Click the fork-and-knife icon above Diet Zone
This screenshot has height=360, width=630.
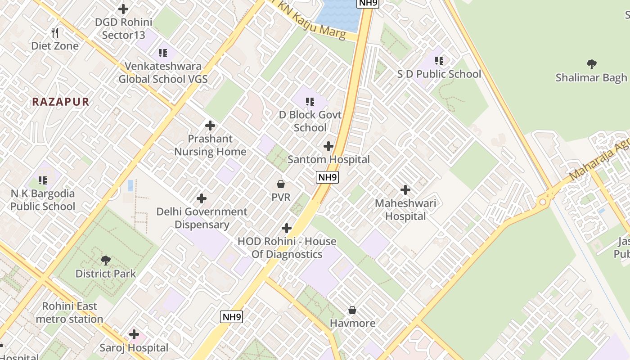pyautogui.click(x=55, y=32)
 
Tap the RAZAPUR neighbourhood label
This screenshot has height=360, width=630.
pyautogui.click(x=61, y=102)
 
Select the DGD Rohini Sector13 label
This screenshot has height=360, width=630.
pyautogui.click(x=123, y=28)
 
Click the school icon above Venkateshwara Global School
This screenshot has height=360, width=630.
pyautogui.click(x=163, y=53)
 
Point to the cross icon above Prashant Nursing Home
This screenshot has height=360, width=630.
pyautogui.click(x=210, y=126)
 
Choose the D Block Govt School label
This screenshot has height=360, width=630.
pyautogui.click(x=310, y=121)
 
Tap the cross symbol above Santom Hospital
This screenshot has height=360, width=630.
pyautogui.click(x=328, y=146)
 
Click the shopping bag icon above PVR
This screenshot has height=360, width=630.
pyautogui.click(x=281, y=184)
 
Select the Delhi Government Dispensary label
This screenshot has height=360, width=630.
pyautogui.click(x=202, y=218)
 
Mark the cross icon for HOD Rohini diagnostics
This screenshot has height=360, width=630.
pyautogui.click(x=286, y=228)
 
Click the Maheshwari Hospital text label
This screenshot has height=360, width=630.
pyautogui.click(x=405, y=210)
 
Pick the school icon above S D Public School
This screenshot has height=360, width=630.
pyautogui.click(x=439, y=60)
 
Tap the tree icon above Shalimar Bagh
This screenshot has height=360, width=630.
pyautogui.click(x=591, y=64)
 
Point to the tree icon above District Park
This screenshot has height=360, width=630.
pyautogui.click(x=106, y=260)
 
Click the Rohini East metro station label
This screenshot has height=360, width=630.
pyautogui.click(x=69, y=313)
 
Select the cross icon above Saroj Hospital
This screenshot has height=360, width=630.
pyautogui.click(x=134, y=334)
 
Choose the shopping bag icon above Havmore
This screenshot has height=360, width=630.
pyautogui.click(x=352, y=310)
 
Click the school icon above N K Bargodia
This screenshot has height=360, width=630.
pyautogui.click(x=43, y=180)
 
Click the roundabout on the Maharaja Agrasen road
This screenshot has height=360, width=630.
pyautogui.click(x=543, y=202)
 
